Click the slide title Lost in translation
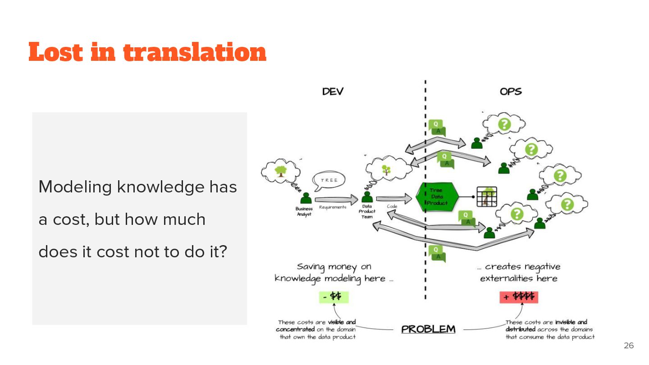click(147, 52)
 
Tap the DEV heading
click(333, 91)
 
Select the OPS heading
click(511, 91)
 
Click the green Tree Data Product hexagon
click(436, 197)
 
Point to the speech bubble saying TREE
click(329, 180)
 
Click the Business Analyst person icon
click(306, 198)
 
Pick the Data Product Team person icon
click(367, 197)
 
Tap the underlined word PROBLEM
click(428, 329)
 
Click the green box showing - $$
click(334, 297)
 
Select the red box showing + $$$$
click(519, 297)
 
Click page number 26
click(628, 346)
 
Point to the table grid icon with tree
click(487, 197)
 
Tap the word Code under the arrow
click(392, 206)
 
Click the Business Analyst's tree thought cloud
click(280, 171)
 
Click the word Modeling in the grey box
click(75, 187)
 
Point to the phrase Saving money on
click(334, 267)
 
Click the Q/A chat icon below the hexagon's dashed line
click(437, 253)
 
